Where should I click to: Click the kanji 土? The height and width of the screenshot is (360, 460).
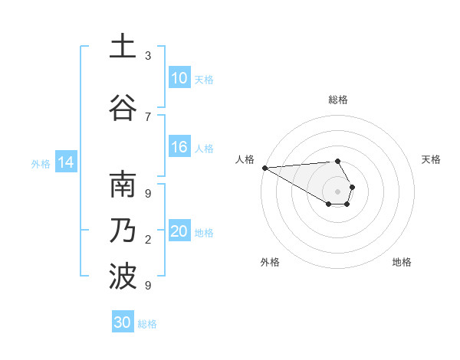click(x=123, y=47)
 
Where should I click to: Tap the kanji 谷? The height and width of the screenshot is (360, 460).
click(x=123, y=106)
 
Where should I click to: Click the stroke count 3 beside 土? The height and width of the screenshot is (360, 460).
click(x=148, y=56)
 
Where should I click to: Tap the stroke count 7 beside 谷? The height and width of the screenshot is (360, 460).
click(x=148, y=116)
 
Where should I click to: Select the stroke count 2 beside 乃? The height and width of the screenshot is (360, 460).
click(x=148, y=240)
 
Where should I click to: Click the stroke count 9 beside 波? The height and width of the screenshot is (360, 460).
click(x=148, y=285)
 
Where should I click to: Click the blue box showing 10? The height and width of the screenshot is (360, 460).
click(x=179, y=78)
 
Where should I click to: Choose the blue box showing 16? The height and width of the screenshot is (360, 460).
click(x=179, y=147)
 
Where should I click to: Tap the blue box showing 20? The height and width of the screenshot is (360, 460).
click(x=179, y=231)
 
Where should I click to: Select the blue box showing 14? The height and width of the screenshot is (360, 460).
click(x=66, y=162)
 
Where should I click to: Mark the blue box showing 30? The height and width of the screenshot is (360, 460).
click(x=123, y=322)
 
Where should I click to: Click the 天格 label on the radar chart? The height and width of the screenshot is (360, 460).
click(x=432, y=159)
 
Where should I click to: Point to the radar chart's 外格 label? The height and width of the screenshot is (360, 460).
click(x=270, y=262)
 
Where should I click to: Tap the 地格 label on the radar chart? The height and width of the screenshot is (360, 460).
click(x=402, y=262)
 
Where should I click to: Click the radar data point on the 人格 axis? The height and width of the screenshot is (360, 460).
click(x=264, y=167)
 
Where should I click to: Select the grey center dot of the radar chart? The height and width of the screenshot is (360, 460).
click(x=338, y=191)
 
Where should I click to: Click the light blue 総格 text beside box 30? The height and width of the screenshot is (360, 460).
click(x=147, y=324)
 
